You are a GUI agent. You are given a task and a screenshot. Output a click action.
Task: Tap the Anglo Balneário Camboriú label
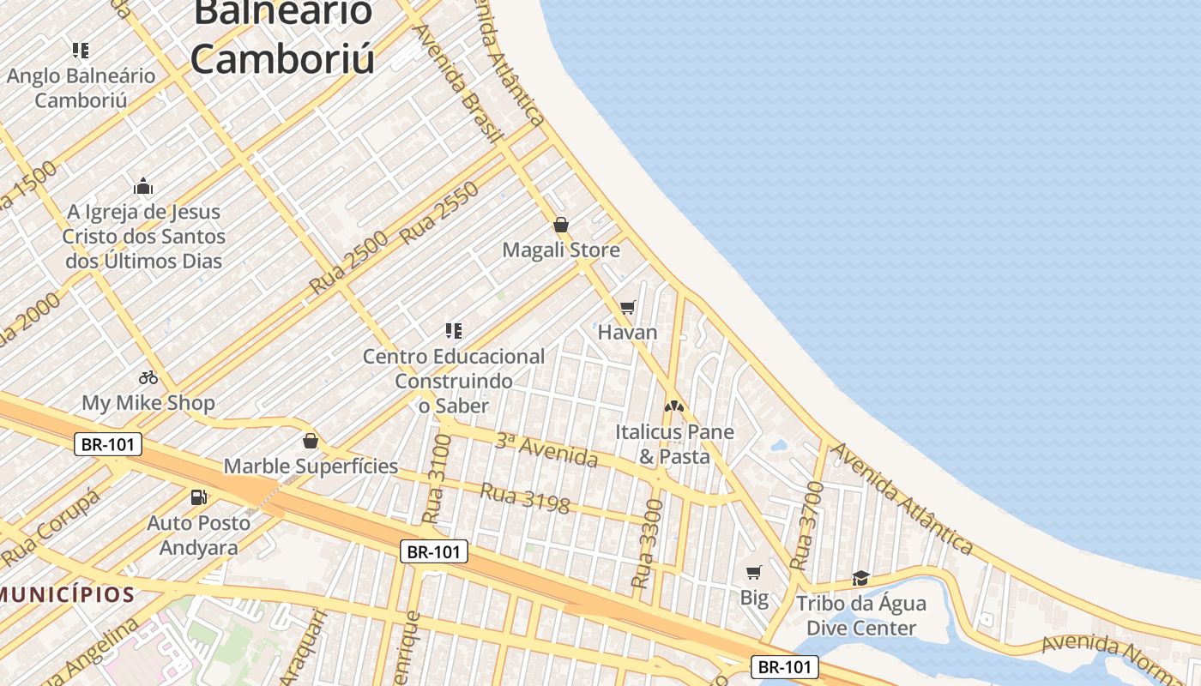81,87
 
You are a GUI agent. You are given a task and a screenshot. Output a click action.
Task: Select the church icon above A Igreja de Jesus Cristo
143,186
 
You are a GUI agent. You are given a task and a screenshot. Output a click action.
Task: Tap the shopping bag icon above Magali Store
561,225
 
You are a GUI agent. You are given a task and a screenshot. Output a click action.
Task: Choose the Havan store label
627,332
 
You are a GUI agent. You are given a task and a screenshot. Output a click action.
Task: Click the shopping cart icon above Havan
628,307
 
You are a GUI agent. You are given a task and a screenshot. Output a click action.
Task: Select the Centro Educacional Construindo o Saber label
454,380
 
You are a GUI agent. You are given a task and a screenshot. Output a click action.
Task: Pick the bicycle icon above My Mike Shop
148,377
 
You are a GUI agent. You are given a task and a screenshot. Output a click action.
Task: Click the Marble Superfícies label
311,466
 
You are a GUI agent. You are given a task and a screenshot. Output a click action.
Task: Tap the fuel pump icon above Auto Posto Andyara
198,496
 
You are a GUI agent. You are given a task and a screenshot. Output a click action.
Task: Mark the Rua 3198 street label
524,498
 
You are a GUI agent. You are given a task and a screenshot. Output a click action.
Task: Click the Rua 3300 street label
647,544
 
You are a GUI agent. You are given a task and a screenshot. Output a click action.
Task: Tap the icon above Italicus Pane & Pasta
674,406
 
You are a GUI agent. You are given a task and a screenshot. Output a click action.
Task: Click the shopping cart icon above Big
754,572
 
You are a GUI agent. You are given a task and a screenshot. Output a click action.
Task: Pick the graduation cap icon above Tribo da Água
860,578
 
